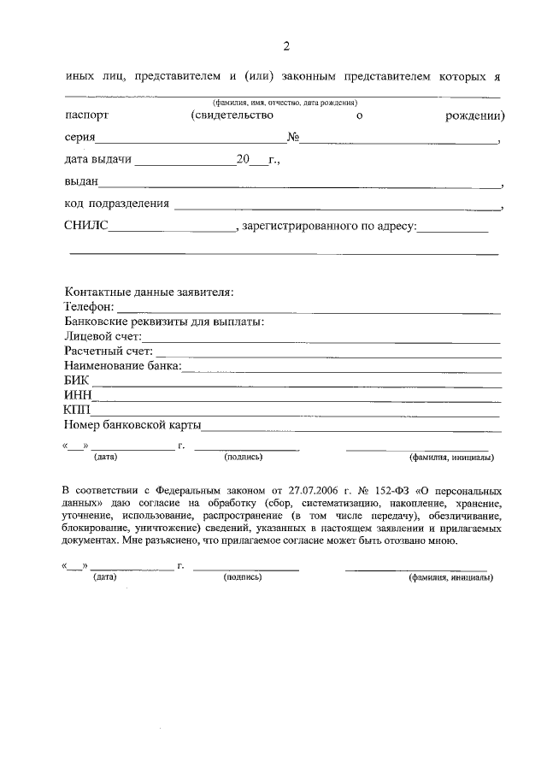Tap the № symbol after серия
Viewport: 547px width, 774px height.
click(291, 138)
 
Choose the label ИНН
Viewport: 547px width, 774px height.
click(78, 395)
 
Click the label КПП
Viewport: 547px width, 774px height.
click(78, 410)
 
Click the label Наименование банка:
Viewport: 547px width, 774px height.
click(122, 366)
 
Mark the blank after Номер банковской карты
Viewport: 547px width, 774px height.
click(350, 425)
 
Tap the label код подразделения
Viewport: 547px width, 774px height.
click(116, 204)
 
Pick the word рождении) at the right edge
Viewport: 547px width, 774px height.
click(474, 115)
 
